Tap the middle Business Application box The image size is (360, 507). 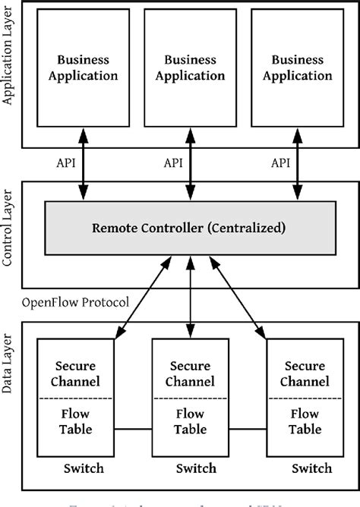pos(191,68)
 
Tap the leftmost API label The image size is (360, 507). pos(65,163)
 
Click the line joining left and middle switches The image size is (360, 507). pos(134,430)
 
